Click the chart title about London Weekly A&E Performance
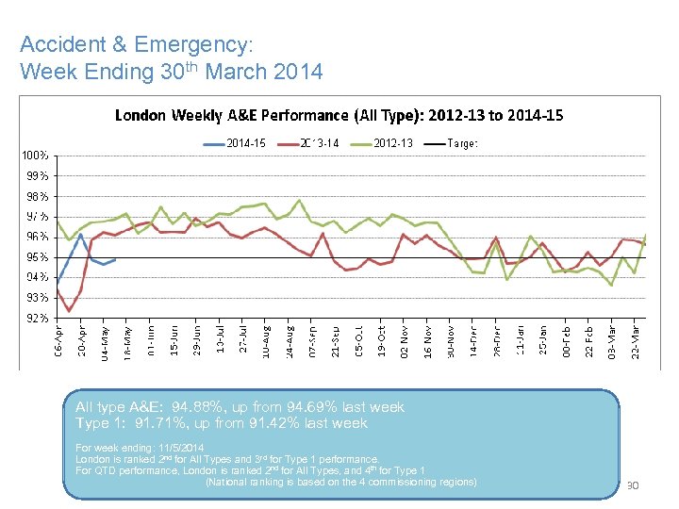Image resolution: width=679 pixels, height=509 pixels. [x=339, y=116]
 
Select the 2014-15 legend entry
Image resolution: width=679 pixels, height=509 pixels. [x=245, y=143]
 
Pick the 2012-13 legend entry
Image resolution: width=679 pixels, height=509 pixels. [x=392, y=143]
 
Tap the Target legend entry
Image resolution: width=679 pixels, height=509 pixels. [x=461, y=143]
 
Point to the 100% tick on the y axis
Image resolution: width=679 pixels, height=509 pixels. [x=36, y=155]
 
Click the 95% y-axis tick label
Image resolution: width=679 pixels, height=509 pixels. [x=38, y=257]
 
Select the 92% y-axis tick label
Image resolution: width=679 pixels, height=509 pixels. [x=38, y=319]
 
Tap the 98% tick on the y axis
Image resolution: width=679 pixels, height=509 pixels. [x=38, y=196]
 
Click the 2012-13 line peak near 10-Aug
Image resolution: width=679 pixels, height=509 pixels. [x=300, y=200]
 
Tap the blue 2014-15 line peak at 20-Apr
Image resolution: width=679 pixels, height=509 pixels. [x=81, y=234]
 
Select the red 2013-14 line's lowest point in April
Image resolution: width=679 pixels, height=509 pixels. [x=69, y=311]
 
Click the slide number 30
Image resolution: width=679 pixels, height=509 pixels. [x=634, y=486]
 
